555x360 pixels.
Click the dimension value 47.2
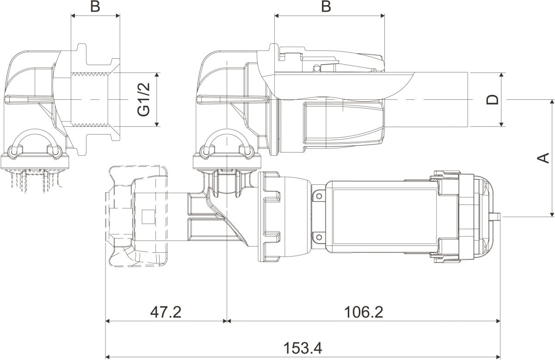coord(166,312)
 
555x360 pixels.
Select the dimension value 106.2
coord(364,312)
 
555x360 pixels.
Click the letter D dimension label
coord(493,99)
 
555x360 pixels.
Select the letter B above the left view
coord(95,7)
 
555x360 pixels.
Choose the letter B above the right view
coord(326,7)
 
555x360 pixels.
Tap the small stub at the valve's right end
coord(497,216)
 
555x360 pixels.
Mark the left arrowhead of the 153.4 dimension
coord(109,356)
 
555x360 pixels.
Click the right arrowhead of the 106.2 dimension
coord(498,321)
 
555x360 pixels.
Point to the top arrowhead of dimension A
coord(552,103)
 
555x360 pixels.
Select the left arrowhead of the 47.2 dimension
coord(109,321)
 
